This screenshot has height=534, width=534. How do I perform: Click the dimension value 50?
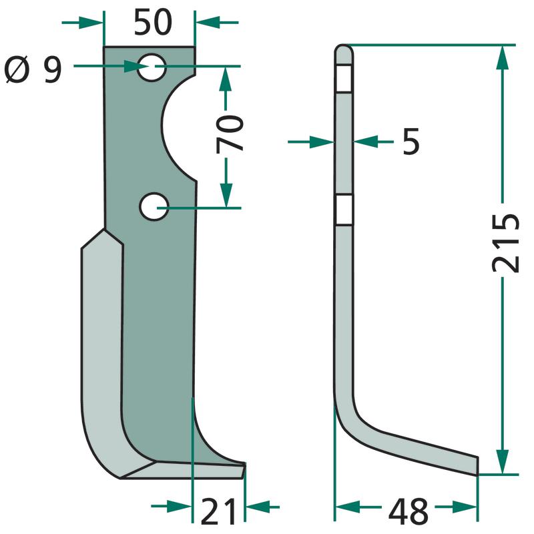tap(153, 23)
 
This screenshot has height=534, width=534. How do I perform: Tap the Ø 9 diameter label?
tap(33, 70)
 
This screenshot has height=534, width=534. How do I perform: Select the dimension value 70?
tap(230, 133)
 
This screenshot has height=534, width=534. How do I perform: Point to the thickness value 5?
tap(411, 142)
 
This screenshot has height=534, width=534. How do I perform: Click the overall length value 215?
tap(506, 243)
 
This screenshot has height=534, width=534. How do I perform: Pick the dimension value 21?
tap(218, 511)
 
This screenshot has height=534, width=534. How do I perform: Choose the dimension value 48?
tap(408, 511)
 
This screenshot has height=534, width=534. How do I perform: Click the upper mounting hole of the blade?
tap(152, 67)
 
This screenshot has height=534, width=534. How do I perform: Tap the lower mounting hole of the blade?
tap(154, 207)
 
